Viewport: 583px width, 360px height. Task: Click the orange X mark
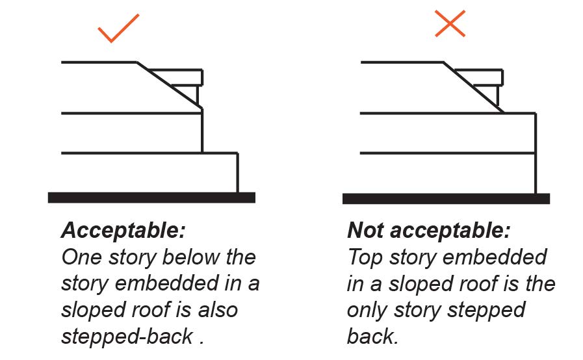450,24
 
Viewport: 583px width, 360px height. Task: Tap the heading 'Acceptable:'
123,230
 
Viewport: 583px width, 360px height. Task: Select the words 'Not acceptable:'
429,230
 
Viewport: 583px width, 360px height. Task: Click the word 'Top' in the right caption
365,257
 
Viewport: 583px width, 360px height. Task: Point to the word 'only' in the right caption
367,311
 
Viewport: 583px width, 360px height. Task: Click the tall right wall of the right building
536,153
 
